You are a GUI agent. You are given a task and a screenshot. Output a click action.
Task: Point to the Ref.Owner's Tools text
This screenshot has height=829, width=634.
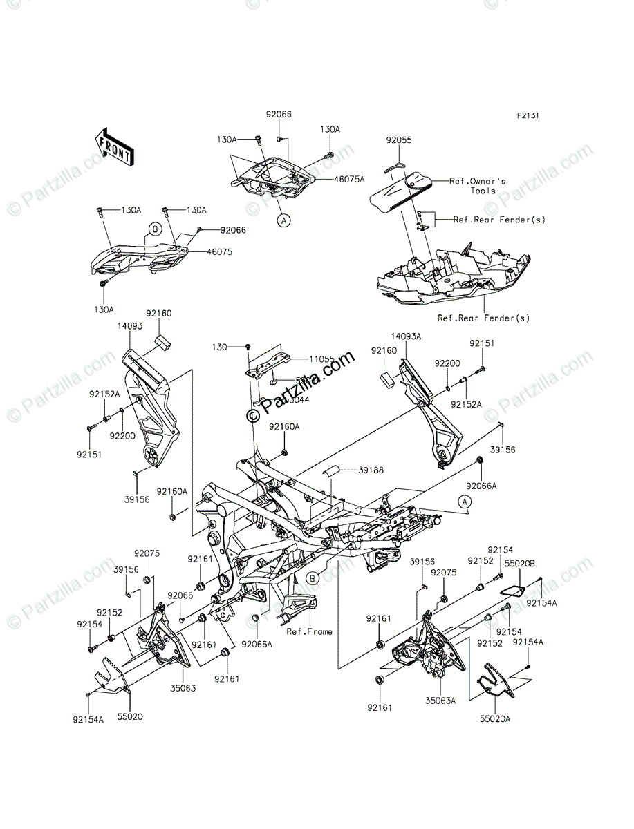point(478,186)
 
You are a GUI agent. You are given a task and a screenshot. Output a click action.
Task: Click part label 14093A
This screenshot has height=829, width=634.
point(406,336)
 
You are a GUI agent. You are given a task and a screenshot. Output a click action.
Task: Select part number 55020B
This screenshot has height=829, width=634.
point(519,564)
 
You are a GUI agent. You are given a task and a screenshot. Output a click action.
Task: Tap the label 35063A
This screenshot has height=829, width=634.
point(441,700)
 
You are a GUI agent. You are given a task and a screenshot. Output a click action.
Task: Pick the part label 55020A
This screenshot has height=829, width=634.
point(496,718)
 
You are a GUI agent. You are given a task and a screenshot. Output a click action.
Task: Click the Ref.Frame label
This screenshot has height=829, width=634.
point(309,631)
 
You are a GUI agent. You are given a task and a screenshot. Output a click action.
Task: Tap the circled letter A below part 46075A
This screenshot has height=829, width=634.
point(283,220)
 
